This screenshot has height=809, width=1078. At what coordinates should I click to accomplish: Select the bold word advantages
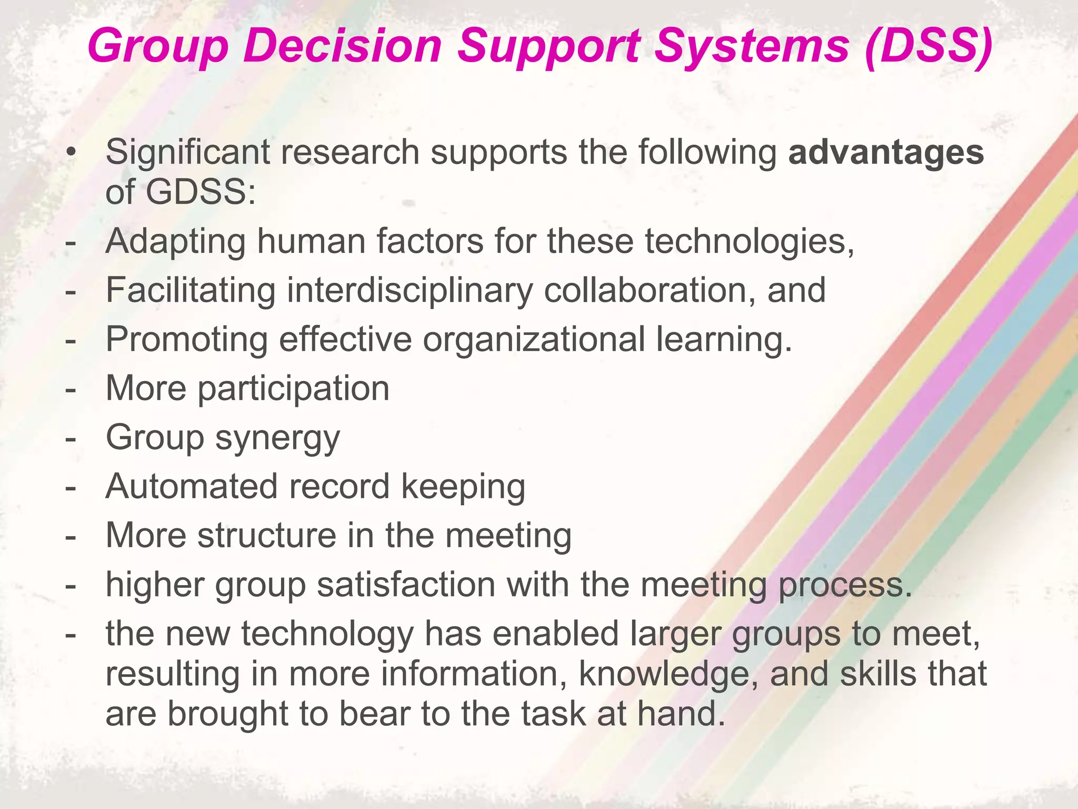click(x=886, y=153)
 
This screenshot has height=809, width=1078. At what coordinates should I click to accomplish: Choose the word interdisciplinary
click(x=410, y=291)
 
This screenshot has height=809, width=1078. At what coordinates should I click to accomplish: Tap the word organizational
click(x=534, y=339)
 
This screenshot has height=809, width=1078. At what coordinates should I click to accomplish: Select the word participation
click(x=293, y=389)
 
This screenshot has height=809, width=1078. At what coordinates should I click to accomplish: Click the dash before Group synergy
click(x=70, y=438)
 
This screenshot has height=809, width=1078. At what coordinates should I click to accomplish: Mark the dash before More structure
click(x=70, y=536)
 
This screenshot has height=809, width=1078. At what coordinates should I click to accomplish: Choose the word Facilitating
click(x=191, y=291)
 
